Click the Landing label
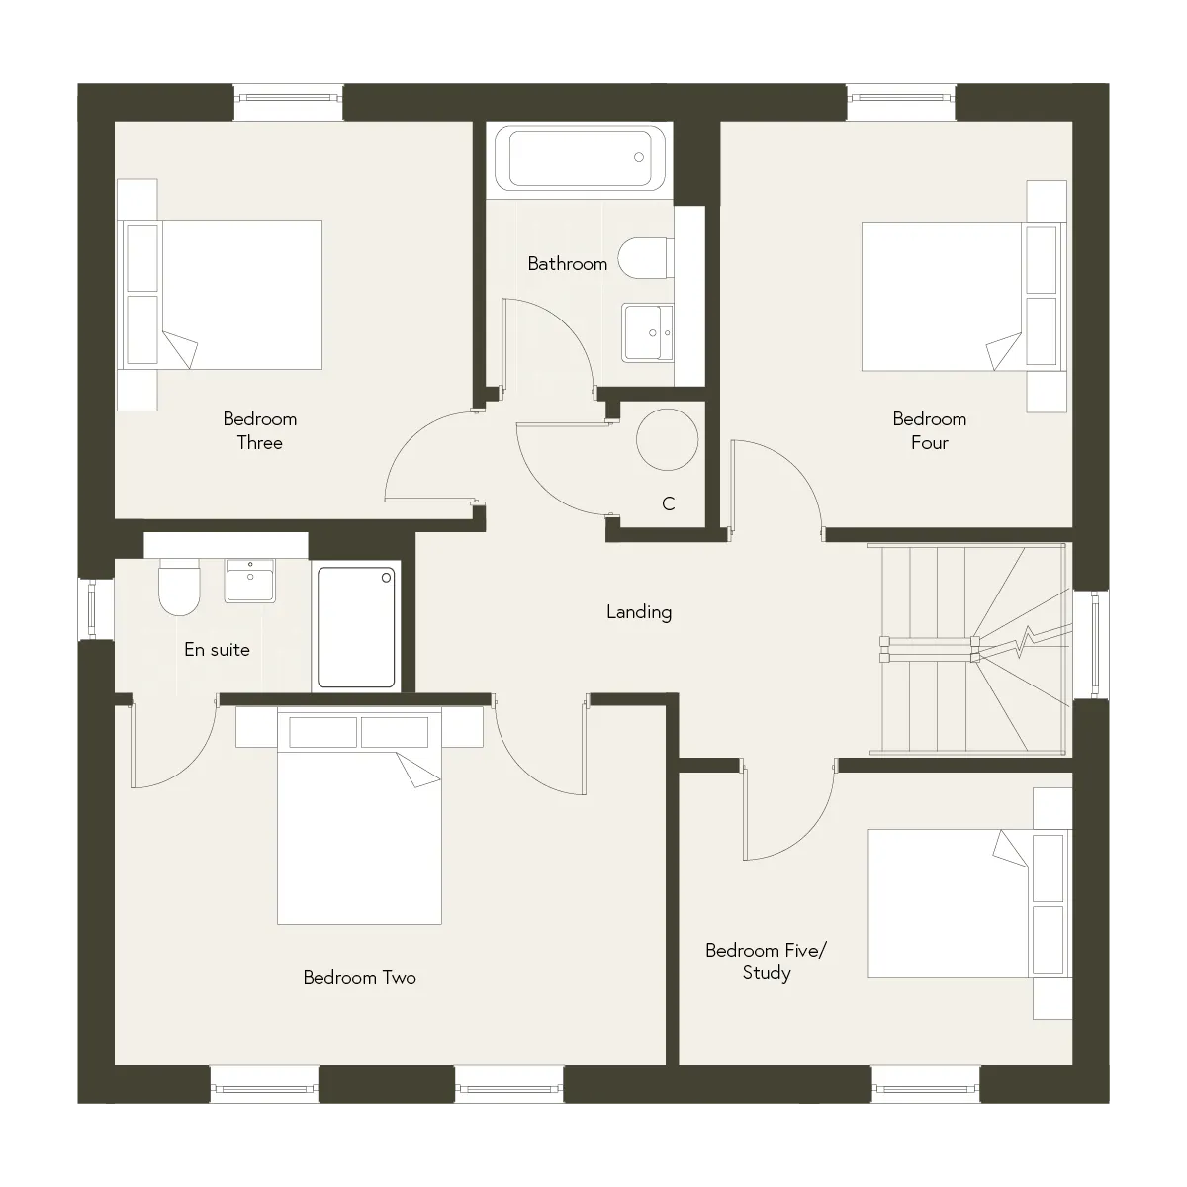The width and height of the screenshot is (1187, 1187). pos(639,611)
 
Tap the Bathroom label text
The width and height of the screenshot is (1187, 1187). pos(568,264)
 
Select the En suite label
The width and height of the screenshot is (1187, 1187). pos(217,649)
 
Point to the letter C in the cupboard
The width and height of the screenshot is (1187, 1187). pos(669,503)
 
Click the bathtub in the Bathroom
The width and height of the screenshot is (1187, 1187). pos(580,157)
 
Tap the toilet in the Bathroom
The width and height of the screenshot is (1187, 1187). pos(646,258)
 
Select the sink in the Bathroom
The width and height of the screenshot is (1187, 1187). pos(647,332)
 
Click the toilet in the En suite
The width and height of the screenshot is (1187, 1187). pos(179,587)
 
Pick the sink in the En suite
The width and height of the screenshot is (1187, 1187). pos(249,581)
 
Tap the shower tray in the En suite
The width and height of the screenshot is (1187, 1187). pos(356,627)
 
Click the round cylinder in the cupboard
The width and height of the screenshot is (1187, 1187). pos(667,440)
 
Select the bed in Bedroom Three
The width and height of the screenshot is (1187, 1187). pos(220,295)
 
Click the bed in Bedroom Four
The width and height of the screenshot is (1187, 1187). pos(964,297)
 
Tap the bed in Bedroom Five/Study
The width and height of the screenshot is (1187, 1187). pos(970,903)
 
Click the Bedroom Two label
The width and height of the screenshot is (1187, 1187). pos(360,978)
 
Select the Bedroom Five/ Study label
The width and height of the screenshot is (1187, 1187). pos(767,961)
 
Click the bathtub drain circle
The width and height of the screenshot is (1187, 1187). pos(639,157)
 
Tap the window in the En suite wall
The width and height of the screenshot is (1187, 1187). pos(92,610)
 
